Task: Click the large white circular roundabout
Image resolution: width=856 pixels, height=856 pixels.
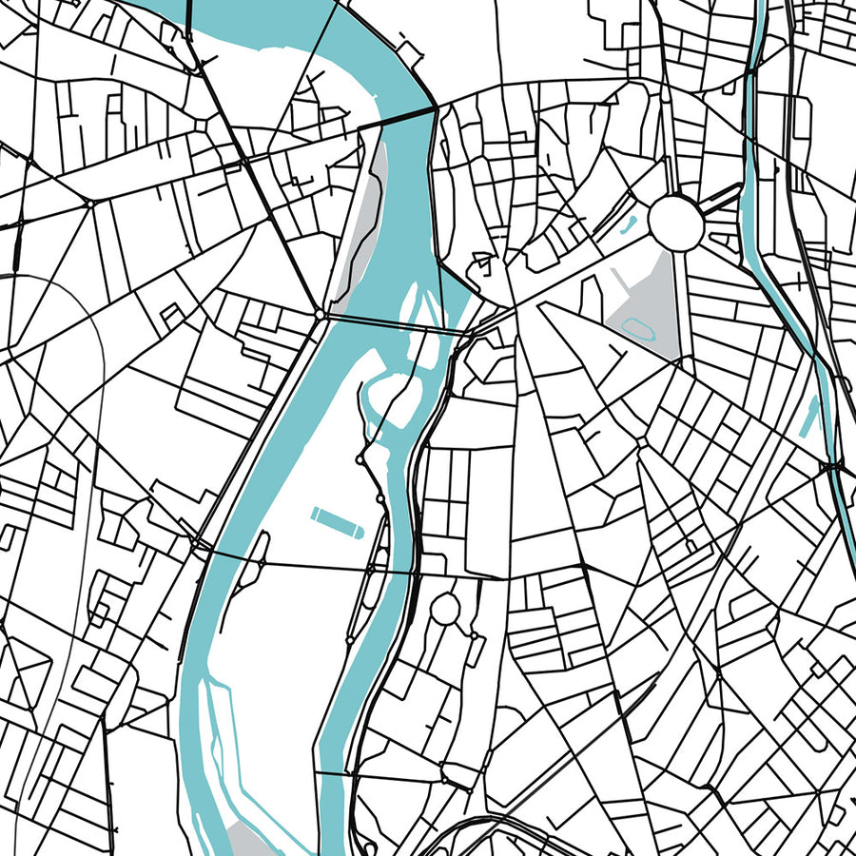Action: click(676, 223)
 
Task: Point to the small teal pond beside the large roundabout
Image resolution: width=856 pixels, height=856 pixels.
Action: click(629, 226)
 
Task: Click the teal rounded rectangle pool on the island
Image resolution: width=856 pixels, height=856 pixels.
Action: click(336, 521)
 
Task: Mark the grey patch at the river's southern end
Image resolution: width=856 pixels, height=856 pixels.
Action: click(249, 838)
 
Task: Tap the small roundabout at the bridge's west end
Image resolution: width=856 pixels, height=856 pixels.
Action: click(321, 313)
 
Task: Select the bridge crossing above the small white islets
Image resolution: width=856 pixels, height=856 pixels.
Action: click(390, 322)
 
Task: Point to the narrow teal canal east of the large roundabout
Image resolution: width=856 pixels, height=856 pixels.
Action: click(761, 190)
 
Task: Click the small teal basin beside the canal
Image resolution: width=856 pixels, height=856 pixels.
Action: click(811, 416)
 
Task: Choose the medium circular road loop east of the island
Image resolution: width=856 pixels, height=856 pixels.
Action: click(445, 609)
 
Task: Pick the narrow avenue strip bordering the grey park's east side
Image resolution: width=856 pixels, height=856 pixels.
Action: click(676, 304)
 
